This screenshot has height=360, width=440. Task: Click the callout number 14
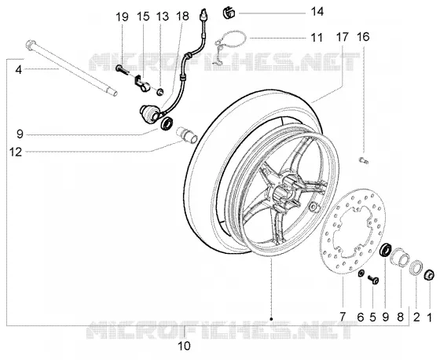(x=317, y=12)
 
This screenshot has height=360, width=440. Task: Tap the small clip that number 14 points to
(x=229, y=13)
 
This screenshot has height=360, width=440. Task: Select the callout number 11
(x=317, y=38)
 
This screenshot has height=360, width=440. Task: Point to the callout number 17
(x=342, y=37)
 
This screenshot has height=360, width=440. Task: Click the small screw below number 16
(x=364, y=160)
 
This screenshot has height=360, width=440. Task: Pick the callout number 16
(x=363, y=37)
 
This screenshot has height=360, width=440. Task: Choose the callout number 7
(x=343, y=317)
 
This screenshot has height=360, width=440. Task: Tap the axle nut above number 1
(x=430, y=274)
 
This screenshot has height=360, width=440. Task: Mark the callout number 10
(x=184, y=346)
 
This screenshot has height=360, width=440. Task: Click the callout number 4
(x=19, y=70)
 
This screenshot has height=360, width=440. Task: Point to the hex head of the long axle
(x=31, y=45)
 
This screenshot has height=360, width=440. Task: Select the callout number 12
(x=16, y=152)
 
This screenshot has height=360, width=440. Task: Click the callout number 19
(x=122, y=17)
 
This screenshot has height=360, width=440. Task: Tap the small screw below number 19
(x=123, y=70)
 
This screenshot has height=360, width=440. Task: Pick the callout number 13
(x=163, y=17)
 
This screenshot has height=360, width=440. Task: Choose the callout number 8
(x=400, y=317)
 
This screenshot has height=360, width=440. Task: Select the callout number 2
(x=416, y=318)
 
